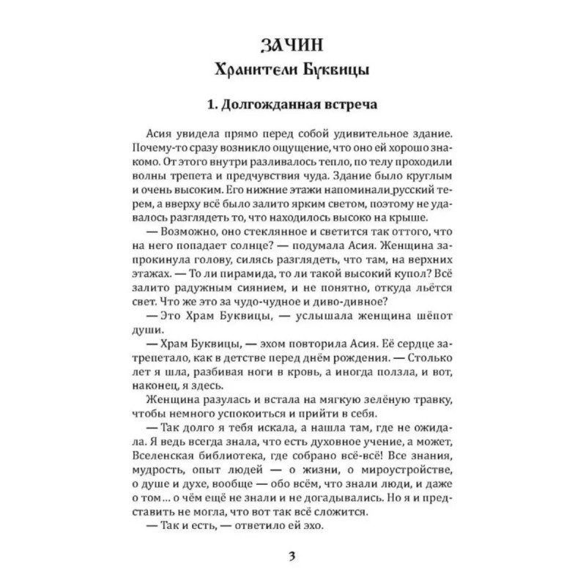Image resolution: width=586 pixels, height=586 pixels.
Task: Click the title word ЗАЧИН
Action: pos(293,45)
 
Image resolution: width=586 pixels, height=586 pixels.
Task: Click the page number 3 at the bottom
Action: pos(292,554)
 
